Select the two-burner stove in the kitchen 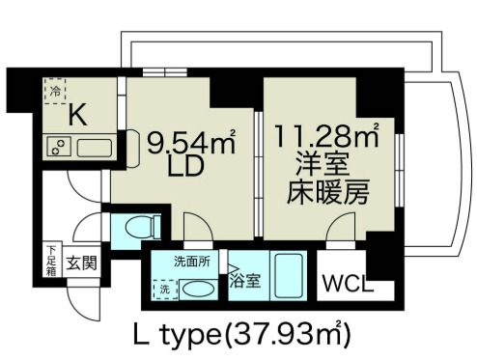pos(58,149)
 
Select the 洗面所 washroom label pos(190,261)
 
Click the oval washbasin pos(198,288)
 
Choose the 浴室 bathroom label pos(245,282)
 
